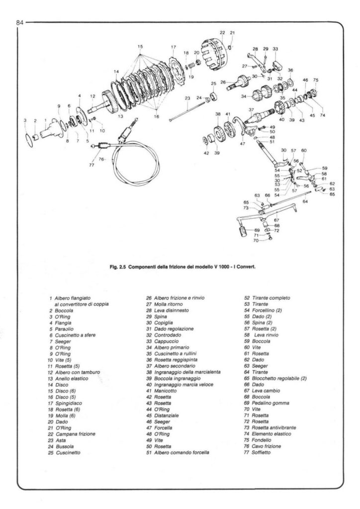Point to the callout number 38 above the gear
click(x=217, y=114)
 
